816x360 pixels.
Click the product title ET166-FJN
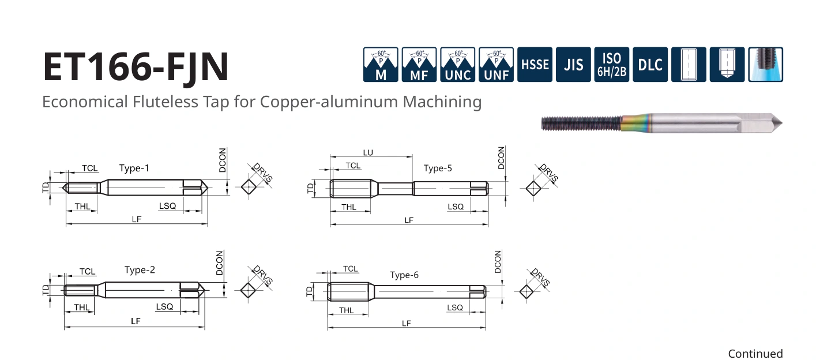(136, 67)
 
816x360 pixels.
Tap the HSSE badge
(535, 65)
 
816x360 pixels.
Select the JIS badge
(573, 65)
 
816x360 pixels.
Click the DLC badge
(650, 65)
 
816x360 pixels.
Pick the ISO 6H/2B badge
(612, 65)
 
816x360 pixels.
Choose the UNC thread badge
(457, 65)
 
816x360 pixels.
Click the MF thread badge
(419, 65)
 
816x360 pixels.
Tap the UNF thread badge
(496, 65)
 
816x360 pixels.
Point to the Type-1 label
(134, 168)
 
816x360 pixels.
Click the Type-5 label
(438, 168)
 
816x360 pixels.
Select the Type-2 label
(140, 269)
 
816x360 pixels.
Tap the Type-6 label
(404, 275)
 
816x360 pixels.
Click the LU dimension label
(368, 153)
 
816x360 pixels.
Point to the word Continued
(755, 354)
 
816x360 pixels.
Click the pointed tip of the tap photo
(781, 123)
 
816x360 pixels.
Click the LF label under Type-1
(137, 219)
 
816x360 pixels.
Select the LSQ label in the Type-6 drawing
(455, 307)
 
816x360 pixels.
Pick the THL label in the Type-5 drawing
(349, 207)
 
